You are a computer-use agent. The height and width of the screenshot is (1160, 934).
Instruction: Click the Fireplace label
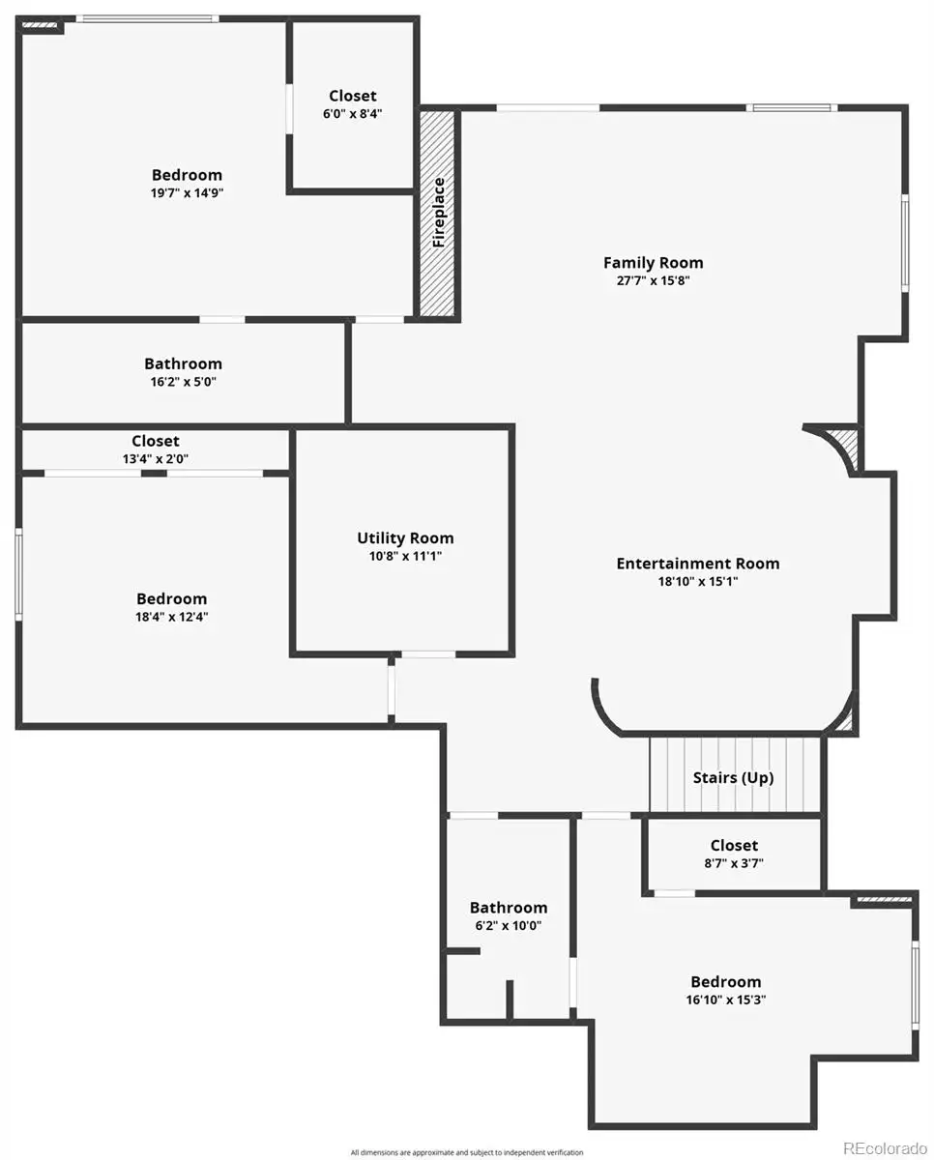pyautogui.click(x=439, y=213)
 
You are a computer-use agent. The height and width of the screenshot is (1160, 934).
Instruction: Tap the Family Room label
pyautogui.click(x=653, y=263)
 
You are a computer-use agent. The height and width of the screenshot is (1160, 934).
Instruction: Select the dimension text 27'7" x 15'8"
pyautogui.click(x=653, y=280)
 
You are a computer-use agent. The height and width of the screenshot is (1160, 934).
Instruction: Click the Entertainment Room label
pyautogui.click(x=698, y=564)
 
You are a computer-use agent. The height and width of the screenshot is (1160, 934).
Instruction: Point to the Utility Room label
pyautogui.click(x=405, y=538)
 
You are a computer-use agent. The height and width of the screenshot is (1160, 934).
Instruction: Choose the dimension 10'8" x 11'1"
pyautogui.click(x=405, y=556)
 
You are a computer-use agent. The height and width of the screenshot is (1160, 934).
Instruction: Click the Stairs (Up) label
pyautogui.click(x=733, y=778)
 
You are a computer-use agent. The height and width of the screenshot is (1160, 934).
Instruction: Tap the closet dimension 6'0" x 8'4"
pyautogui.click(x=352, y=114)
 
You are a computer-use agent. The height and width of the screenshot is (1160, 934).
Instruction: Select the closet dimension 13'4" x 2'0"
pyautogui.click(x=156, y=459)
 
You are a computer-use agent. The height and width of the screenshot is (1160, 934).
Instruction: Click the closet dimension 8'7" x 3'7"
pyautogui.click(x=734, y=863)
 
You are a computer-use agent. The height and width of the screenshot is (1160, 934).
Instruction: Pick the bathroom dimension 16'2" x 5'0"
pyautogui.click(x=183, y=382)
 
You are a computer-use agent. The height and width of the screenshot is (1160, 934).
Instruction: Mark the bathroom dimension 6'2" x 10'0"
pyautogui.click(x=508, y=925)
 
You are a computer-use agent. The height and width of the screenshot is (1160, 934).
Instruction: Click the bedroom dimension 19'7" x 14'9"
pyautogui.click(x=187, y=193)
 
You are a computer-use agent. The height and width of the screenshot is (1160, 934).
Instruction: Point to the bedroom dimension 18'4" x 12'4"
pyautogui.click(x=171, y=617)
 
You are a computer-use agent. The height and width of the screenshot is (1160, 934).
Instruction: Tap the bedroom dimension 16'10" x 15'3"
pyautogui.click(x=725, y=1000)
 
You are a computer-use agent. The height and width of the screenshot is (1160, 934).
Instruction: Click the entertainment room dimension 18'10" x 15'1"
pyautogui.click(x=698, y=581)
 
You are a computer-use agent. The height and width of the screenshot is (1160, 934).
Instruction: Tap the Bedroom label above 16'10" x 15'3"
pyautogui.click(x=725, y=981)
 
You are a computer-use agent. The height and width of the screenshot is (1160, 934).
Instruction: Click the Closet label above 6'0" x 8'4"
pyautogui.click(x=352, y=96)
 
